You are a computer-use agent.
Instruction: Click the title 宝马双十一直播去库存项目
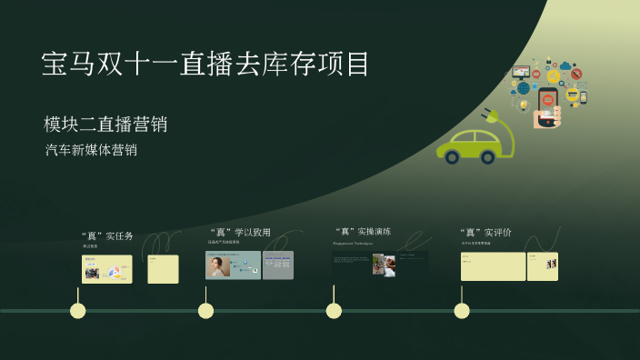(x=206, y=64)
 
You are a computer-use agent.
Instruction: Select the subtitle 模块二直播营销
(x=105, y=125)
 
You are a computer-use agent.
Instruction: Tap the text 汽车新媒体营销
(x=91, y=150)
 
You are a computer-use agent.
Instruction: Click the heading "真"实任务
(x=107, y=236)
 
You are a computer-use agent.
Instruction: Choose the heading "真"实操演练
(x=363, y=232)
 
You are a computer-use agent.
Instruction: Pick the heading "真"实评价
(x=485, y=233)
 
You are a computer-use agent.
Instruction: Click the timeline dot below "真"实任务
(x=78, y=311)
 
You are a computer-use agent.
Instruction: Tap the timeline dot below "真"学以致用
(x=205, y=311)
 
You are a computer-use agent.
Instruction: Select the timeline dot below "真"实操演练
(x=334, y=311)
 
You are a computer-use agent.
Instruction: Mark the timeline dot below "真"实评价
(x=462, y=311)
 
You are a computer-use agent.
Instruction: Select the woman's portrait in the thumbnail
(x=218, y=265)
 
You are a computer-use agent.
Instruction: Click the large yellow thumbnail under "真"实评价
(x=493, y=266)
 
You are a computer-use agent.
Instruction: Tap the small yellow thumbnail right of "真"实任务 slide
(x=163, y=269)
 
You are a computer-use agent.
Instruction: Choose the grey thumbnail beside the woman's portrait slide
(x=277, y=265)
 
